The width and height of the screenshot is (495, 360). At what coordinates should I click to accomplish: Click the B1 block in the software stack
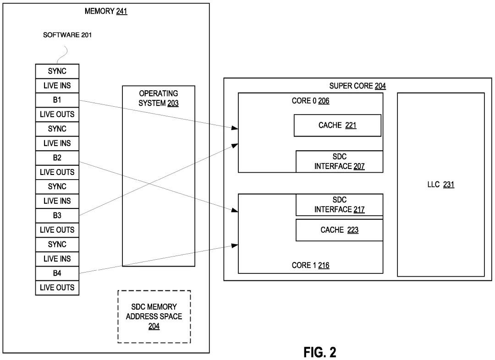pos(57,100)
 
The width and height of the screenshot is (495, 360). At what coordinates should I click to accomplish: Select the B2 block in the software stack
pos(57,158)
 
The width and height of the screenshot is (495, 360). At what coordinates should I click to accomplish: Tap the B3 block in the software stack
pos(57,216)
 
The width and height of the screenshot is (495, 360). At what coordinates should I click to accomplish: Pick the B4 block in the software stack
pos(57,273)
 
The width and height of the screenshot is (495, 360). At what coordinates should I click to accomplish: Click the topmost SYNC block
pos(57,71)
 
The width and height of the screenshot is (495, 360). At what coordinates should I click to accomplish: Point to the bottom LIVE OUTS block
pos(57,288)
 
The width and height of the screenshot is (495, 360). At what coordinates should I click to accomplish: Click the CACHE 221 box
pos(337,125)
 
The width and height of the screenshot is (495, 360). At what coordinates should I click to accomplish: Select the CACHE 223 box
pos(339,230)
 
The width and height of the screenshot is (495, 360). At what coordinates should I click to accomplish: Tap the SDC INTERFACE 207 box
pos(339,161)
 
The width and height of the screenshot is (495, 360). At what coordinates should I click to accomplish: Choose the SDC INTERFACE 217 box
pos(339,205)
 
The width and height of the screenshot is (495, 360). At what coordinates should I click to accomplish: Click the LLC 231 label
pos(440,185)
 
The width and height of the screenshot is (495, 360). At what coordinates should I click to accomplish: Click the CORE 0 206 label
pos(310,101)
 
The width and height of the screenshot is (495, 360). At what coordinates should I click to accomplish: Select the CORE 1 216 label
pos(310,265)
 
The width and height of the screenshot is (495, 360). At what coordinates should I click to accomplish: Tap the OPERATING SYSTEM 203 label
pos(159,98)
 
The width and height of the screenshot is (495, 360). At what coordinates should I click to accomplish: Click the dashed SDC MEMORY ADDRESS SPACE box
pos(154,316)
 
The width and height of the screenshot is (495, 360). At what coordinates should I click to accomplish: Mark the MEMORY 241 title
pos(106,11)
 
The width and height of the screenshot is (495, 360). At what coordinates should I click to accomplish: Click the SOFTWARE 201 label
pos(67,35)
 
